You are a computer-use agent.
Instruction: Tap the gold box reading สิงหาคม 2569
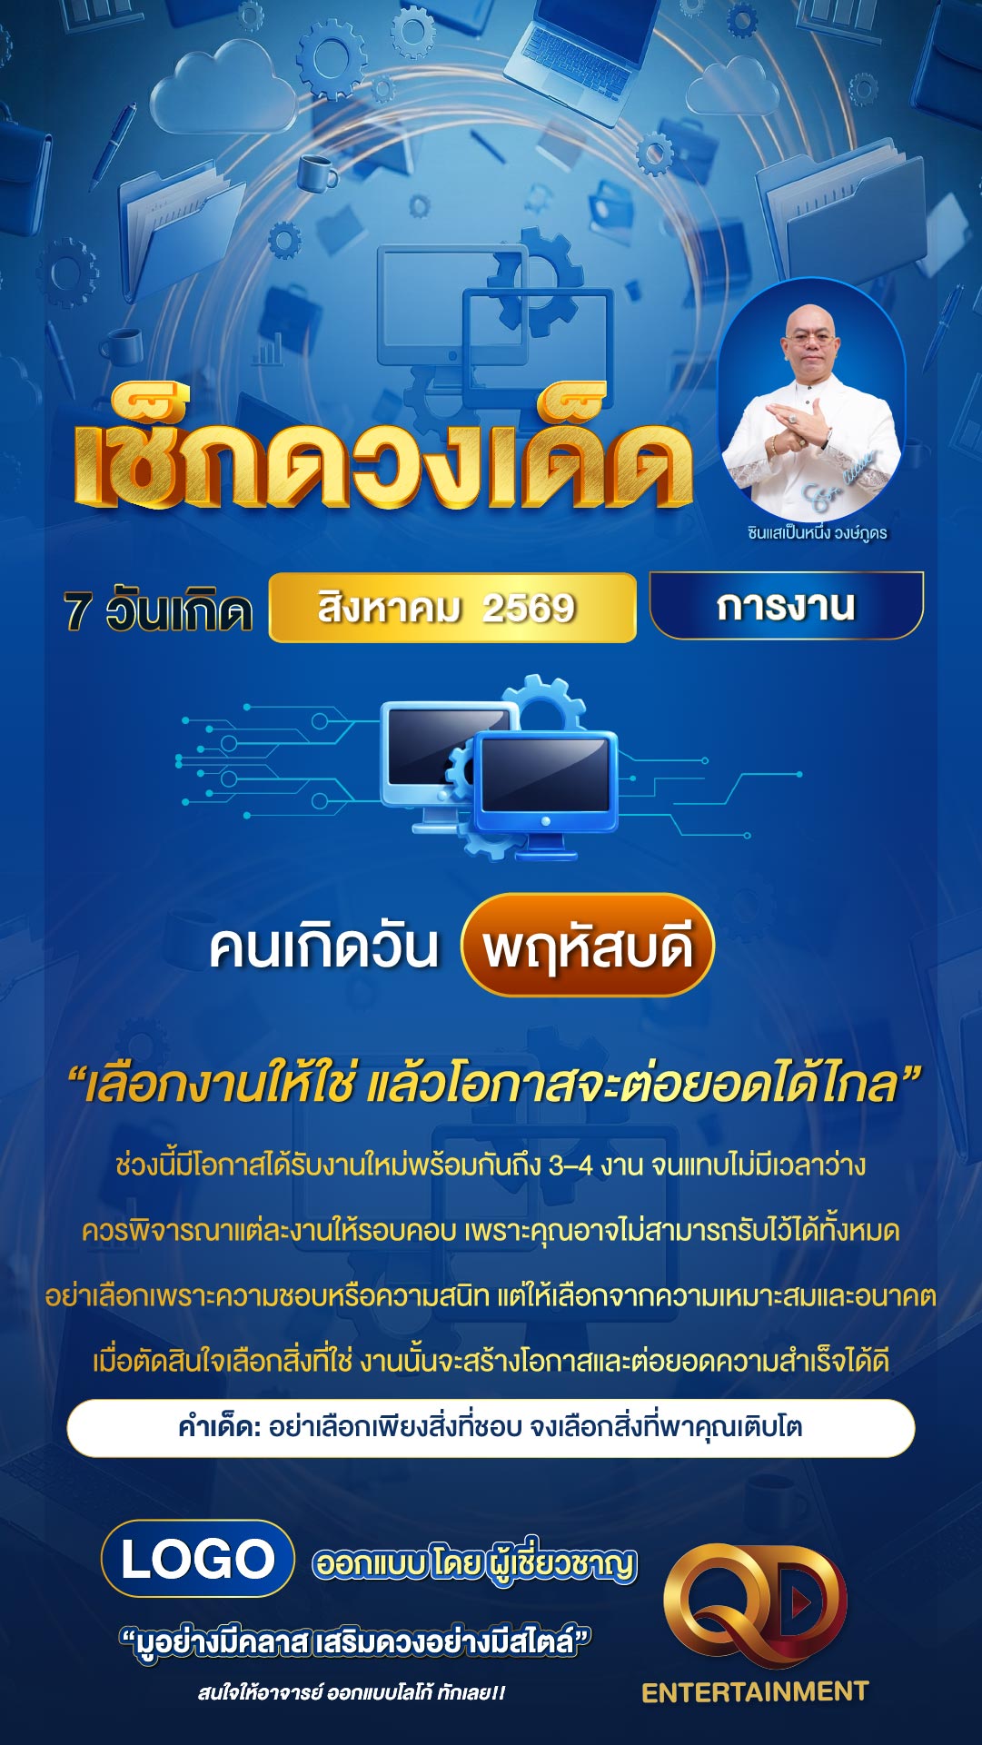452,608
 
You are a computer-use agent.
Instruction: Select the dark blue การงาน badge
787,605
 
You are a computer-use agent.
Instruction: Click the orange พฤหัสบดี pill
588,945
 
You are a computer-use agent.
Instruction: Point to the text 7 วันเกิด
157,610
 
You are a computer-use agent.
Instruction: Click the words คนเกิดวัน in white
323,947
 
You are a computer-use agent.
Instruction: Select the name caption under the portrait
817,533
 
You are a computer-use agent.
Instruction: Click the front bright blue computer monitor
545,786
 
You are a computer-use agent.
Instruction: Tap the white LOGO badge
198,1559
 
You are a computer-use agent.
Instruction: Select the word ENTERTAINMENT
755,1691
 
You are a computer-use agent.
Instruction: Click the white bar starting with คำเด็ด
491,1428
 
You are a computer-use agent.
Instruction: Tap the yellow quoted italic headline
494,1084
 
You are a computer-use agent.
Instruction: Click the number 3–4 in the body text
570,1165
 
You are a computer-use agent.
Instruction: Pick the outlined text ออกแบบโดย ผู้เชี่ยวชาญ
474,1562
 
